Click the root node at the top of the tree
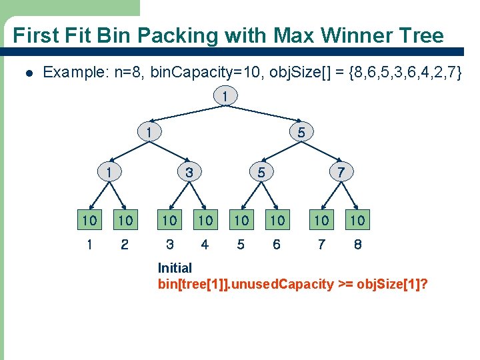225,97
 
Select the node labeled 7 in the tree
341,172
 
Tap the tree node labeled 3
189,172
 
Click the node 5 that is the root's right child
301,133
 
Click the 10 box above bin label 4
205,220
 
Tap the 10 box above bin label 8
358,220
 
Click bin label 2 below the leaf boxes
125,245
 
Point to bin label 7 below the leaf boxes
322,245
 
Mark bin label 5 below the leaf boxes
241,245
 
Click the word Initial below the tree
175,268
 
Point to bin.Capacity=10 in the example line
188,72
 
